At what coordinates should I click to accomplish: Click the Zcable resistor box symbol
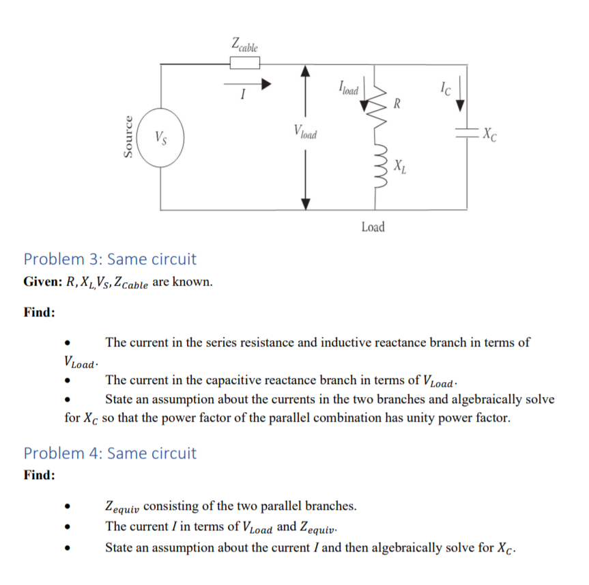244,64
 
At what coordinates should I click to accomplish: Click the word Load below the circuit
373,226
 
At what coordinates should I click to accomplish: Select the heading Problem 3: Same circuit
110,259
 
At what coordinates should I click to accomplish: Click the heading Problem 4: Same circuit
110,453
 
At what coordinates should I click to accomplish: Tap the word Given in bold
42,282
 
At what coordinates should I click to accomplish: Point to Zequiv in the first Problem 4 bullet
123,507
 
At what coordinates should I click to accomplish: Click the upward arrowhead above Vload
306,70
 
